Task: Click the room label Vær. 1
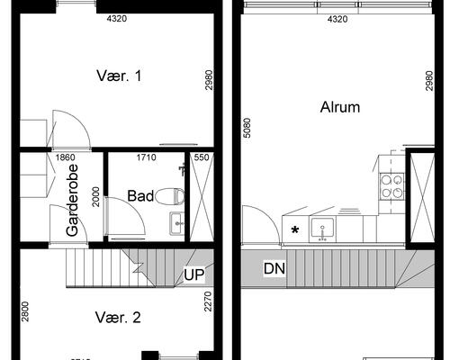pos(120,76)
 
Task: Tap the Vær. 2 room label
pos(120,317)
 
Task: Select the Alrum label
pos(340,107)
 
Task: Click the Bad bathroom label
pos(140,195)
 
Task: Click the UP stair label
pos(193,275)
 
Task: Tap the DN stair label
pos(274,268)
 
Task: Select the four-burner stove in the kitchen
pos(392,184)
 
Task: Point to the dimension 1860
pos(65,157)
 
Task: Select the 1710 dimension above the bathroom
pos(147,157)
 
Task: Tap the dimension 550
pos(201,157)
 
